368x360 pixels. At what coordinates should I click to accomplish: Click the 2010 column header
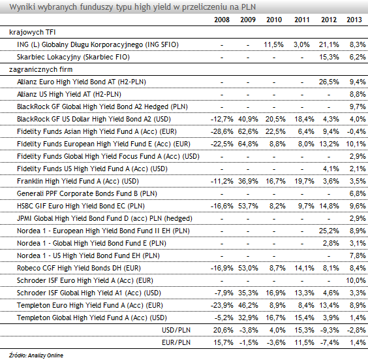click(274, 20)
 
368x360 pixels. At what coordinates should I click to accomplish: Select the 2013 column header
click(354, 20)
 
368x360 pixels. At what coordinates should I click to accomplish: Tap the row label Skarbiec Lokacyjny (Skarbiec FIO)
click(73, 57)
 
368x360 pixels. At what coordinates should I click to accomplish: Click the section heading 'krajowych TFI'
click(33, 32)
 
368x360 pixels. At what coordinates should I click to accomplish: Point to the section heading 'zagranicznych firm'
click(41, 69)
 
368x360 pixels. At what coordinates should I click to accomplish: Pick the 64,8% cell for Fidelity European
click(248, 144)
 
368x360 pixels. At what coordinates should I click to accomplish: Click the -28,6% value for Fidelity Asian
click(222, 131)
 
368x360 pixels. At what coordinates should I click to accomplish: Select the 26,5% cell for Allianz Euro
click(329, 82)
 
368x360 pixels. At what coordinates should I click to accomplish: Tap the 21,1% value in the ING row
click(329, 44)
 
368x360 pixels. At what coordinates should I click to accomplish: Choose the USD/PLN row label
click(176, 330)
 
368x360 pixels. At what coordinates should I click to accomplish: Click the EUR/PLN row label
click(176, 342)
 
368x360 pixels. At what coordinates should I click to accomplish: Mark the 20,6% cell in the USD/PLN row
click(223, 330)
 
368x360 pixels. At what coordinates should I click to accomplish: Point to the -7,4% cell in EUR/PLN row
click(330, 342)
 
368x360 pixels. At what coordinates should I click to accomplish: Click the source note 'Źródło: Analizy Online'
click(36, 355)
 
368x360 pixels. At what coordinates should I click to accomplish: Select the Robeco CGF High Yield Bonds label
click(79, 268)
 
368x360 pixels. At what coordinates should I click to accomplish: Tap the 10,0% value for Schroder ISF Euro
click(356, 280)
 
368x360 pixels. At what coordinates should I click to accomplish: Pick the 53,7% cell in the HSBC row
click(248, 206)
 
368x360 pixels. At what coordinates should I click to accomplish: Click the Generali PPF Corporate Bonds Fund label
click(87, 193)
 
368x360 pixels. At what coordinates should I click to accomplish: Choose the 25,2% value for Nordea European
click(329, 231)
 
